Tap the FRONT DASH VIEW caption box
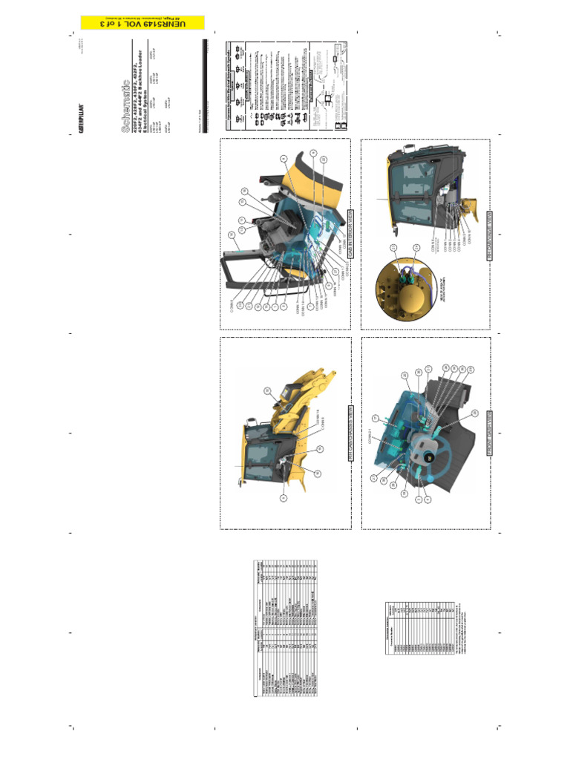tap(490, 429)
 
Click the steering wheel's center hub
tap(425, 449)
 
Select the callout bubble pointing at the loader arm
tap(267, 391)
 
